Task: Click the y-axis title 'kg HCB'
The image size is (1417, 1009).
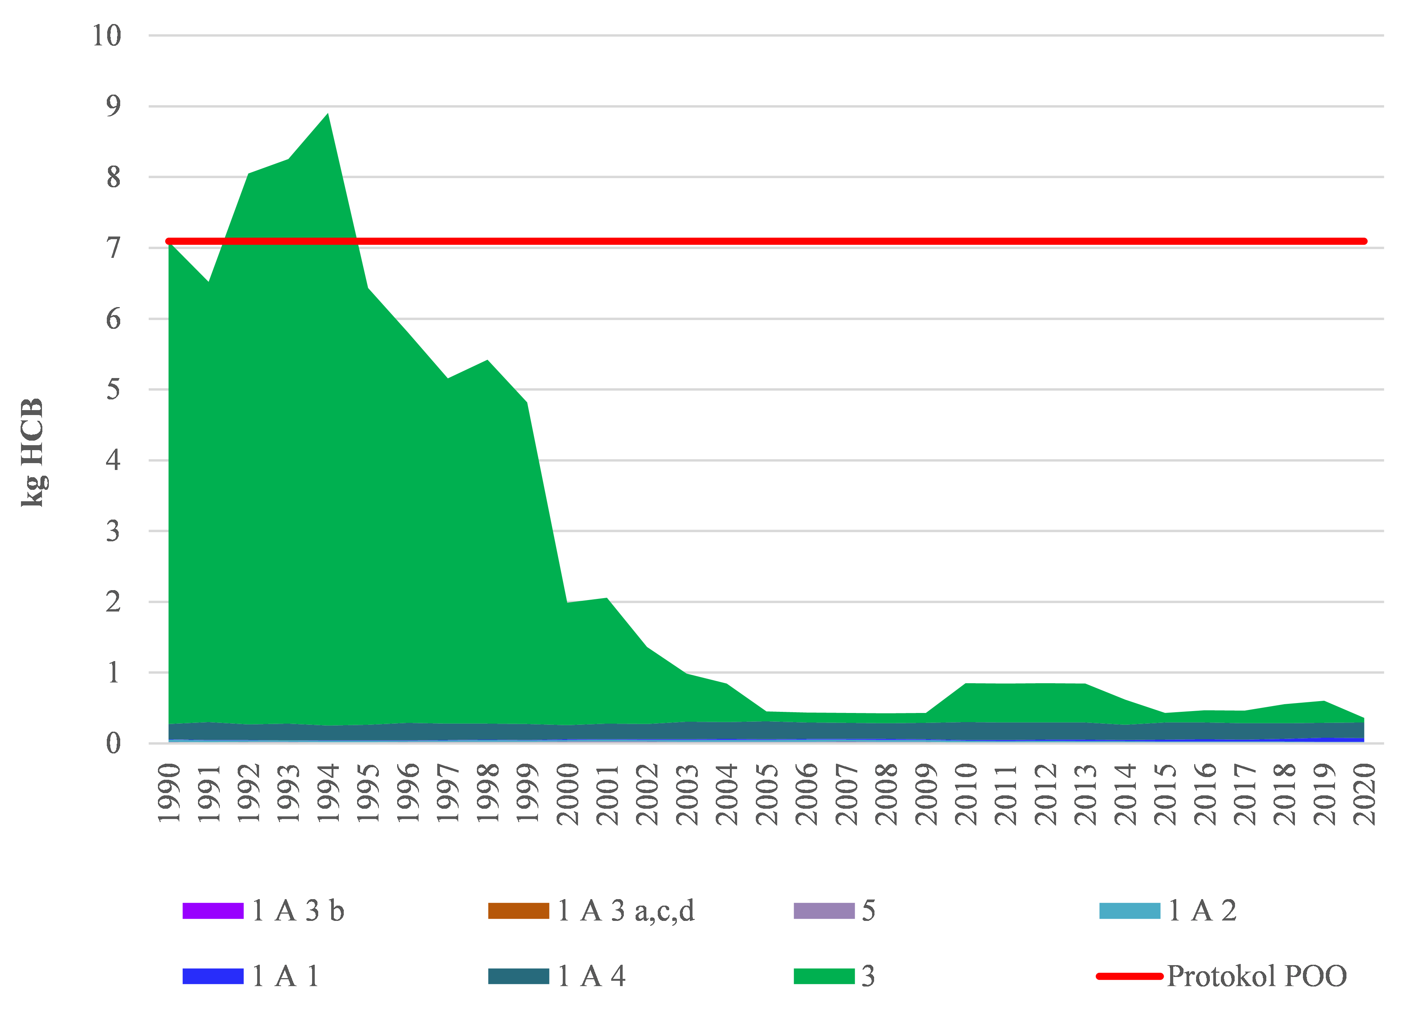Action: pyautogui.click(x=32, y=452)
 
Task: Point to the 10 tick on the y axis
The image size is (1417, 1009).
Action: pyautogui.click(x=107, y=36)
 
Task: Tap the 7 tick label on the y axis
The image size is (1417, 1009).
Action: pyautogui.click(x=113, y=248)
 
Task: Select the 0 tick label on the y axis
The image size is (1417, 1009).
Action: pyautogui.click(x=113, y=743)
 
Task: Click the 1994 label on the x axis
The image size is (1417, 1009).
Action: pyautogui.click(x=328, y=794)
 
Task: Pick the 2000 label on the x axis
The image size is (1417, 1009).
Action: pyautogui.click(x=567, y=794)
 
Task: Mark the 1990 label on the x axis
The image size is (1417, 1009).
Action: pyautogui.click(x=169, y=794)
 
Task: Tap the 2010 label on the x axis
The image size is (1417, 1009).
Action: pyautogui.click(x=966, y=794)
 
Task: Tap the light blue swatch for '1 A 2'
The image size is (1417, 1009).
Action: pyautogui.click(x=1129, y=911)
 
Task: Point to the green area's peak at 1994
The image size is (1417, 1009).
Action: pyautogui.click(x=328, y=114)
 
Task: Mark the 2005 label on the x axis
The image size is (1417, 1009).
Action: pyautogui.click(x=766, y=794)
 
